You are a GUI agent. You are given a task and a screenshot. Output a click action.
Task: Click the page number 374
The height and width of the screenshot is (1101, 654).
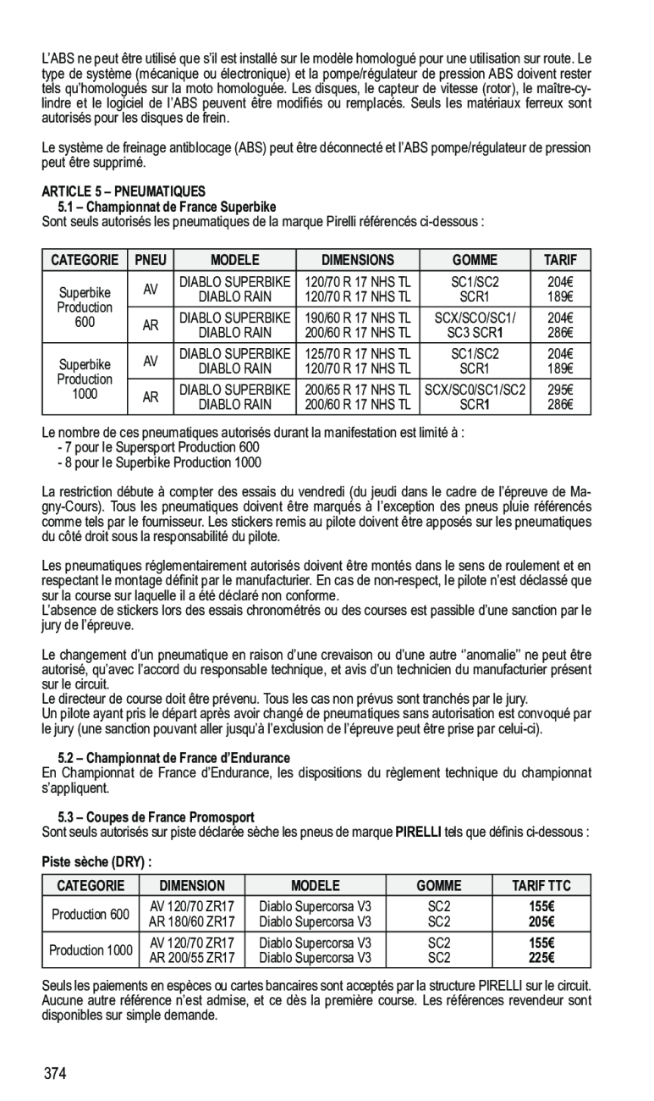pos(56,1075)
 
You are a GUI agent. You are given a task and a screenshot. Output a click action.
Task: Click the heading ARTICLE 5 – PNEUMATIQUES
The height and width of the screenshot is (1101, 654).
pos(124,191)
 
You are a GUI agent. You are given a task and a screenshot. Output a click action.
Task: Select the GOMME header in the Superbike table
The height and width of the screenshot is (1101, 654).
pos(474,260)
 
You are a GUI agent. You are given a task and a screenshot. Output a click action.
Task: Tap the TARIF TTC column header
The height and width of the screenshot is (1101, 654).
pos(541,886)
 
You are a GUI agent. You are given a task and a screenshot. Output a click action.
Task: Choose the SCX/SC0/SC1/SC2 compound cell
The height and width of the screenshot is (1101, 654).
pos(475,389)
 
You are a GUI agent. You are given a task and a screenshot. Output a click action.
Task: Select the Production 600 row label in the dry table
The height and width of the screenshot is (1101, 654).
pos(91,914)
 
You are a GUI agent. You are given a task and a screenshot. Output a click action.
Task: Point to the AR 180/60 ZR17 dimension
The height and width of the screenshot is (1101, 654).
pos(192,921)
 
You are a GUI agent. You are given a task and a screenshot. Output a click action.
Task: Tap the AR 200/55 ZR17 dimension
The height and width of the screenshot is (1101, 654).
pos(192,958)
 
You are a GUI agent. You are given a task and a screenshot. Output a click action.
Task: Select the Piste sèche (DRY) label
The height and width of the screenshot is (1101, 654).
pos(97,862)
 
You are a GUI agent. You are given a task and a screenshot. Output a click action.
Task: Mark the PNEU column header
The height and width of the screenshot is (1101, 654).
pos(150,260)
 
